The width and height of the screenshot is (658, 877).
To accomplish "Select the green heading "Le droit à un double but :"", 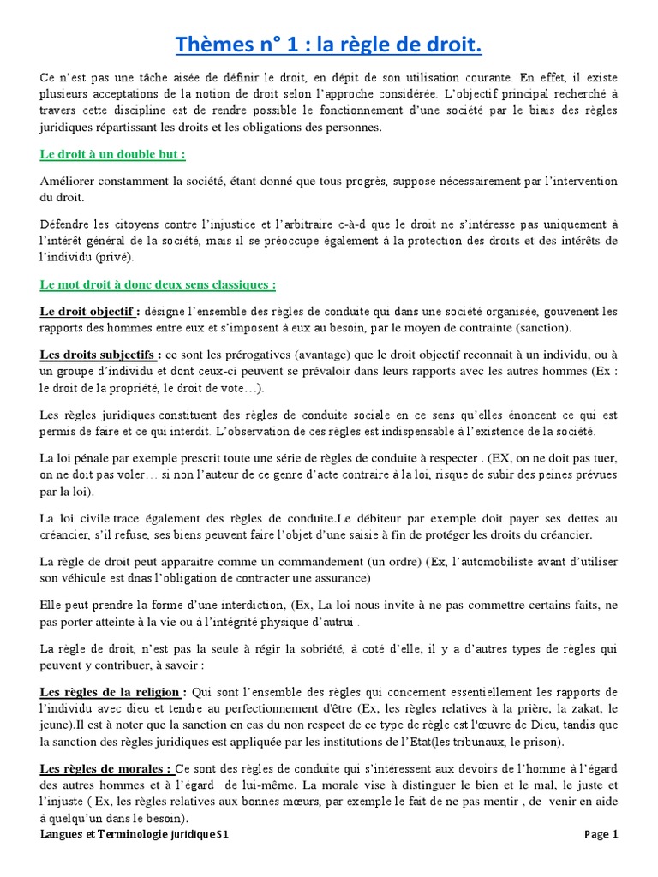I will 113,154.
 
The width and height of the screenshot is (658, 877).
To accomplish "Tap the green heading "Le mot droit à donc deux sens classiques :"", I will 158,283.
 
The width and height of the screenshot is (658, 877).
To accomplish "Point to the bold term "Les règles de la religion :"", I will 113,692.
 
